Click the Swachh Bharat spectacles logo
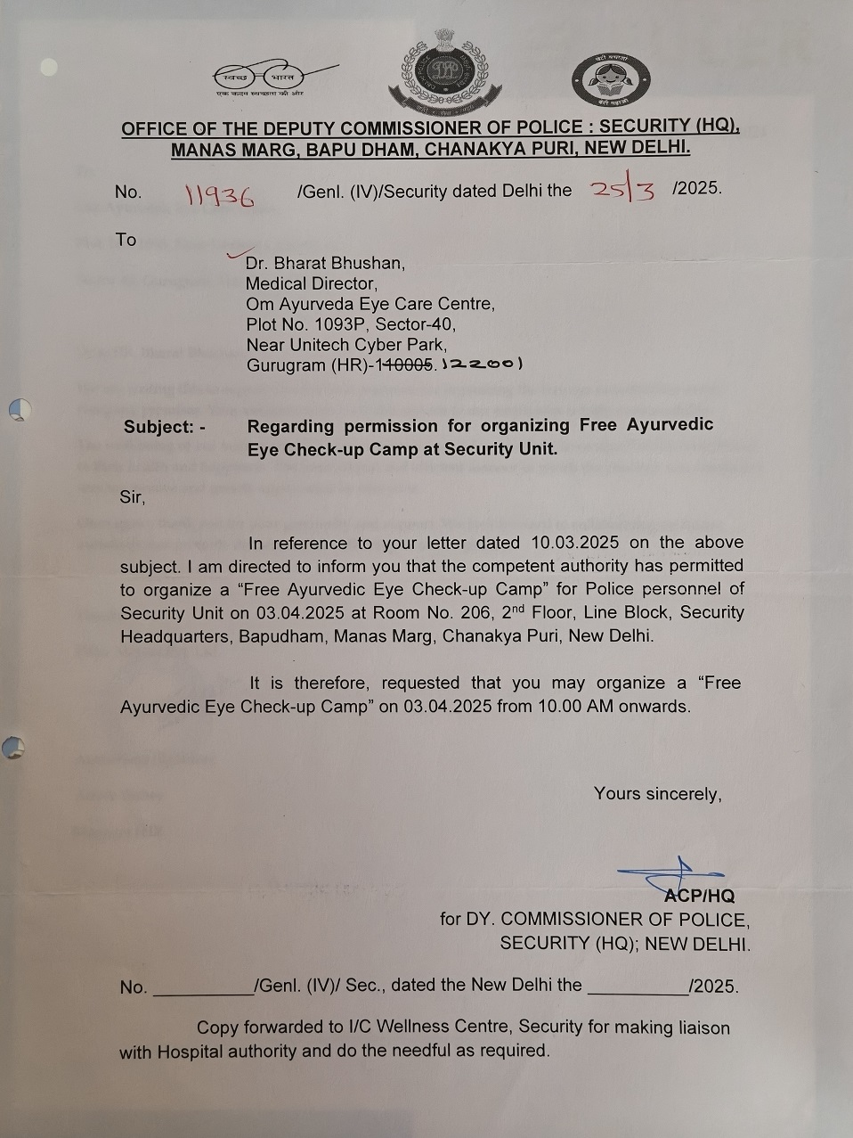[x=275, y=78]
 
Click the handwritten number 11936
[x=219, y=195]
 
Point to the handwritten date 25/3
[x=623, y=191]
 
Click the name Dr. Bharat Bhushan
[x=325, y=263]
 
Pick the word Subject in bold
[x=158, y=427]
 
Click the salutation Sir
[x=132, y=497]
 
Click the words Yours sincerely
[x=657, y=794]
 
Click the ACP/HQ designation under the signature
[x=701, y=896]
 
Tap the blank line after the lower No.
[x=203, y=987]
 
